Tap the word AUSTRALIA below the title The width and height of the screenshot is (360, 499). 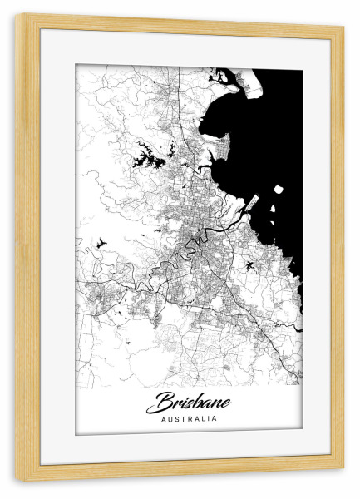coord(190,418)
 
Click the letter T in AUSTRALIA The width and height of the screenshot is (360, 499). coord(183,418)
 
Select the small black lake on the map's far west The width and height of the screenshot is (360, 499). coord(101,242)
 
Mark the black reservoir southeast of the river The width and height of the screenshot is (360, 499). coord(249,266)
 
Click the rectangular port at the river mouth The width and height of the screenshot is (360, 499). coord(253,202)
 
